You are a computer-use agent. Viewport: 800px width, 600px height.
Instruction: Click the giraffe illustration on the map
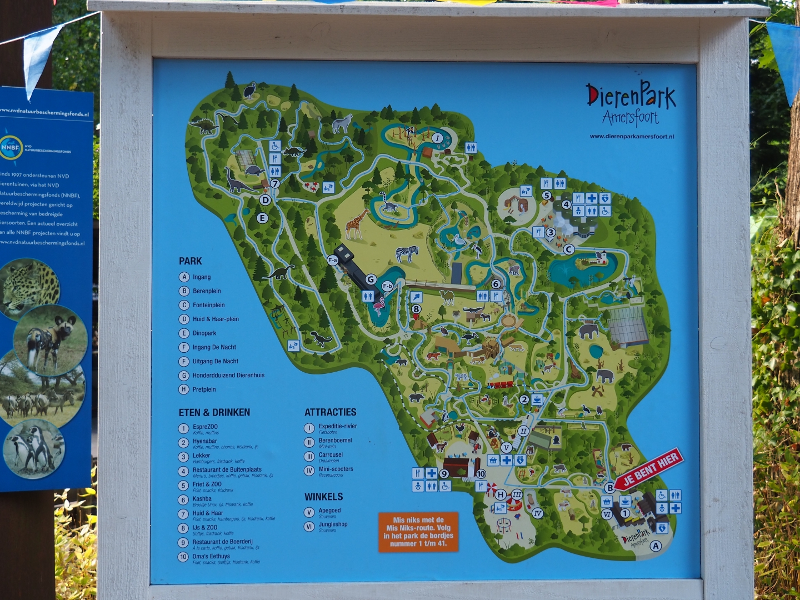point(357,223)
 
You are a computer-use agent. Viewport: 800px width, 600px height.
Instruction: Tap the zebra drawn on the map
point(407,253)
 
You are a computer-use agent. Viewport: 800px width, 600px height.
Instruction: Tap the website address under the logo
point(632,137)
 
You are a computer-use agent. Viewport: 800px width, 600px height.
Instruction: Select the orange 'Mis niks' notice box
point(418,532)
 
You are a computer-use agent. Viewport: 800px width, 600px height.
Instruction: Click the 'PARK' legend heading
point(190,261)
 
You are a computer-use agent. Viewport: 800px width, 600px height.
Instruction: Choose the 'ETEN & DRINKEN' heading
point(214,412)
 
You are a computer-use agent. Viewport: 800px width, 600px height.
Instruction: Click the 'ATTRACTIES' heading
point(331,412)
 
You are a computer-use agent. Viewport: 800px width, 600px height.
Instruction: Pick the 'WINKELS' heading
point(323,497)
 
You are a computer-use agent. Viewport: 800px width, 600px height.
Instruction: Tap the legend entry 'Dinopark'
point(204,333)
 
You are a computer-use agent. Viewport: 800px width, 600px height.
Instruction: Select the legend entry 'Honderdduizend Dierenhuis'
point(228,376)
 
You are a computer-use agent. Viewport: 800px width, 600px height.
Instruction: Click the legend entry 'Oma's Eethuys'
point(211,556)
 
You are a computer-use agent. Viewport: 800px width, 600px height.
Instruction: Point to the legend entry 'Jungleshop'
point(333,524)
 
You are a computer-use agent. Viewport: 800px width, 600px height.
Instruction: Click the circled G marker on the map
point(371,279)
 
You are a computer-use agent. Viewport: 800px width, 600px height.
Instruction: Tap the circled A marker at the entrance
point(656,546)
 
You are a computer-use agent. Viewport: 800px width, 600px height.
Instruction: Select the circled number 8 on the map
point(416,309)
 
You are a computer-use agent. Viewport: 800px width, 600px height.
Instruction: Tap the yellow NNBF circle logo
point(11,148)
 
